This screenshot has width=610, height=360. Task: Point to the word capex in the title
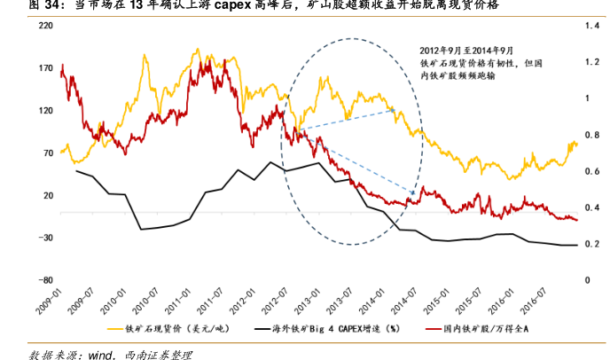coord(235,5)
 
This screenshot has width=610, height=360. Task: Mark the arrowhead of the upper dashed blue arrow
coord(393,110)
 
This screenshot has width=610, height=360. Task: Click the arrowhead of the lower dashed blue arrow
coord(414,192)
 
